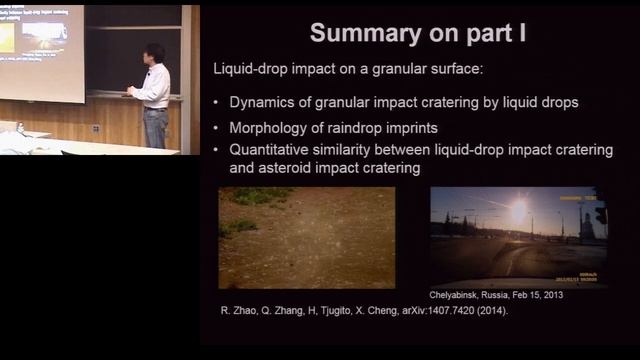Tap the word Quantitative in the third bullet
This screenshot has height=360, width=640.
pyautogui.click(x=276, y=150)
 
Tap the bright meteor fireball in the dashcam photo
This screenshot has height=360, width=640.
pyautogui.click(x=518, y=212)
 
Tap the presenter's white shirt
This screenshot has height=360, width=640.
pyautogui.click(x=154, y=87)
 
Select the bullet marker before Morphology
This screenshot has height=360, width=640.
pyautogui.click(x=218, y=128)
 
